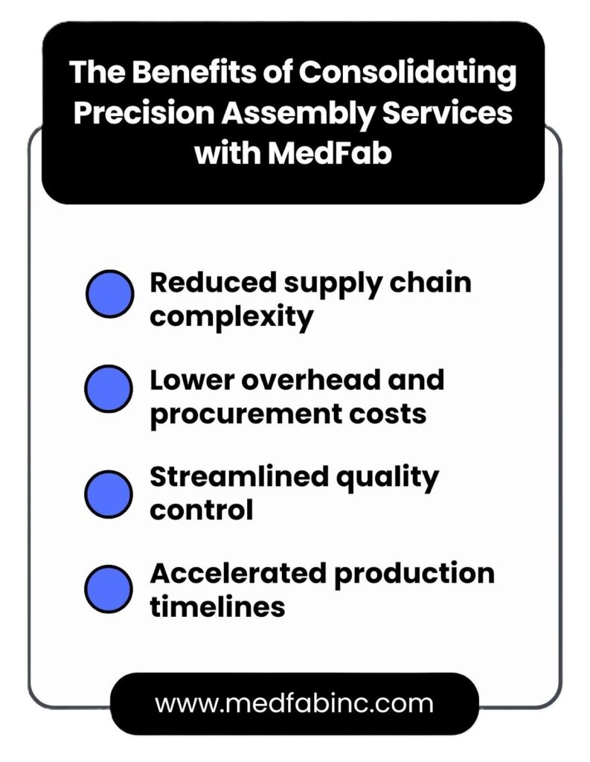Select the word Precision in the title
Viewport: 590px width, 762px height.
click(144, 112)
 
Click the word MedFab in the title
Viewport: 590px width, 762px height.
click(330, 153)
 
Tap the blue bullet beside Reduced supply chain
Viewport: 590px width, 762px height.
click(110, 294)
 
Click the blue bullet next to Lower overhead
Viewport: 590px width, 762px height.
click(109, 389)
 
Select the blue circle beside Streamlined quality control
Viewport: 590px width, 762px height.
click(109, 494)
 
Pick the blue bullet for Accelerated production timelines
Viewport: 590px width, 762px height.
click(109, 589)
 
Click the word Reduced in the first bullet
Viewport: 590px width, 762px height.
click(214, 282)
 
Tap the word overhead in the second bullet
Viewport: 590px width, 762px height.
click(312, 380)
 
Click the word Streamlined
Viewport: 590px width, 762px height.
click(240, 476)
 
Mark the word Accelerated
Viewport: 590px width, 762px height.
click(238, 573)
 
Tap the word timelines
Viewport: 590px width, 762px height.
click(217, 606)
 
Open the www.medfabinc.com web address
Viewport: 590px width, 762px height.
click(294, 703)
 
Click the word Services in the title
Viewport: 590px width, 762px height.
click(447, 112)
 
